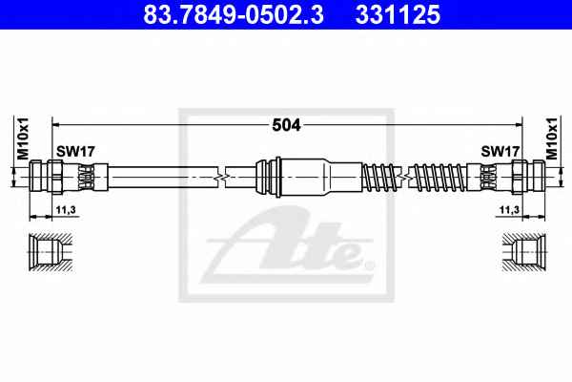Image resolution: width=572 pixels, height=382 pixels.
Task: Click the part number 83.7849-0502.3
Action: click(x=234, y=14)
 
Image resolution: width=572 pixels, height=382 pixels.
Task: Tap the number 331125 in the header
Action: click(x=398, y=14)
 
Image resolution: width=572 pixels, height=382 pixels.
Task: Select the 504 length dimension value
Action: click(x=286, y=125)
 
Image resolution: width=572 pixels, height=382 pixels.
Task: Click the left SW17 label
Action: click(x=75, y=151)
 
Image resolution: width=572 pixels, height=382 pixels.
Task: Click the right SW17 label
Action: click(x=500, y=151)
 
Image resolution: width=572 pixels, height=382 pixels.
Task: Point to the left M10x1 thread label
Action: click(x=23, y=138)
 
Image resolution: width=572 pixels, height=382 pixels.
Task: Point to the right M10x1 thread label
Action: click(x=552, y=138)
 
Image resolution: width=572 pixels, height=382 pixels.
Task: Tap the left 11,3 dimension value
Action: click(x=66, y=210)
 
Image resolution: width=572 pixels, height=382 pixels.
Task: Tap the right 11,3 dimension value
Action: click(x=509, y=210)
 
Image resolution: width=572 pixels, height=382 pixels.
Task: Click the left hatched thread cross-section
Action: click(x=51, y=252)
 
